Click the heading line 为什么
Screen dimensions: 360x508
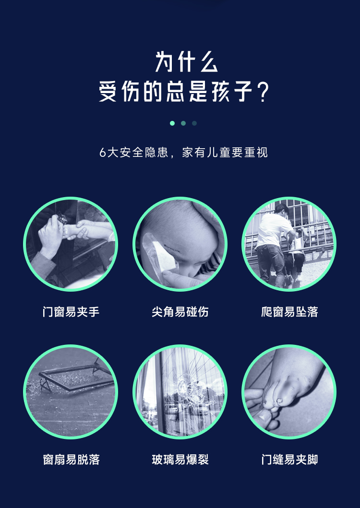pos(187,61)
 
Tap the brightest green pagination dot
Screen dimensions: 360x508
pos(172,123)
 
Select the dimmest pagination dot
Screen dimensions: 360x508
pos(194,123)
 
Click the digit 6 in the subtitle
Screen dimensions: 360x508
pos(103,153)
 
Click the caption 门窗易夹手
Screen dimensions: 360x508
pos(71,312)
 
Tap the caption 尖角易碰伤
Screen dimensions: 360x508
pos(180,312)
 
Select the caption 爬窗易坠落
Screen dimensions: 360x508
pos(289,312)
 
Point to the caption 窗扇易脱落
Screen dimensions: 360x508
pos(71,460)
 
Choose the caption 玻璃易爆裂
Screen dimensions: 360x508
pos(180,460)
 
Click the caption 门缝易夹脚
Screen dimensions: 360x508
pos(289,460)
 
